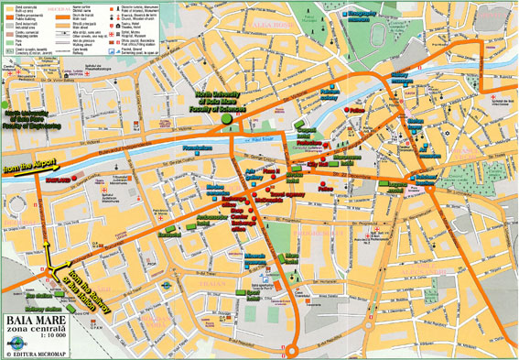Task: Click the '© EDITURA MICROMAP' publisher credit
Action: point(43,352)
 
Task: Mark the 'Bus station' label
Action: point(38,296)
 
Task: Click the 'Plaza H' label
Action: point(271,171)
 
